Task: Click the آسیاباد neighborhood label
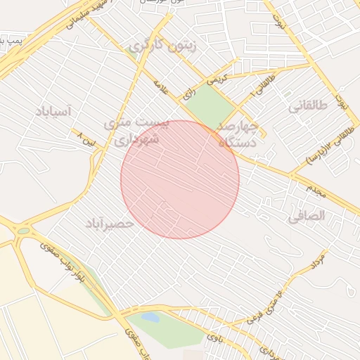53,111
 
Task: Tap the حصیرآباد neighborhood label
109,224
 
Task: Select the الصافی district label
307,217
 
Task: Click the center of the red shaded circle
180,179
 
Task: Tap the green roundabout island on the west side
24,231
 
